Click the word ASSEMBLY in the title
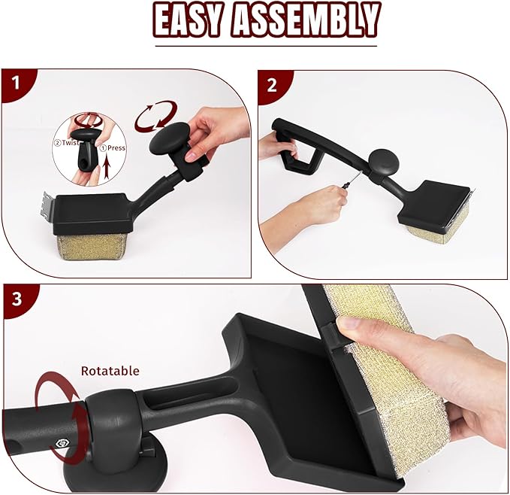[303, 21]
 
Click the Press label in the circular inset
[115, 148]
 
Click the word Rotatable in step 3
[110, 371]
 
